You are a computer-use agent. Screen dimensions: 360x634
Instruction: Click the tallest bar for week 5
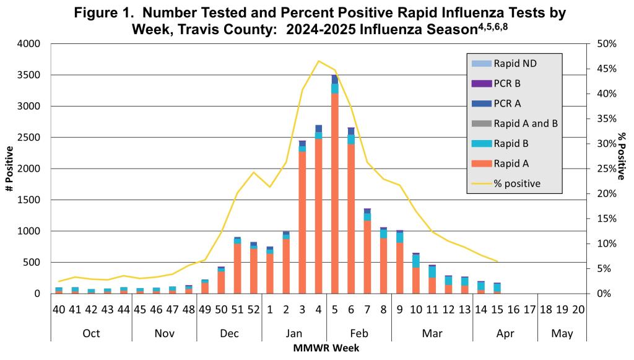334,186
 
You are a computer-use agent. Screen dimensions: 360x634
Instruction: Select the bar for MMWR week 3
302,217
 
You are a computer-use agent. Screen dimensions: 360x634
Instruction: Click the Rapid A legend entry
511,164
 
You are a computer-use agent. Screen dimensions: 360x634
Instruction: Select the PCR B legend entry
507,83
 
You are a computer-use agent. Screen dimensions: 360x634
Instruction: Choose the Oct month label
91,333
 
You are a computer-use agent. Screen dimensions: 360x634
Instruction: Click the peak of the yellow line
318,61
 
